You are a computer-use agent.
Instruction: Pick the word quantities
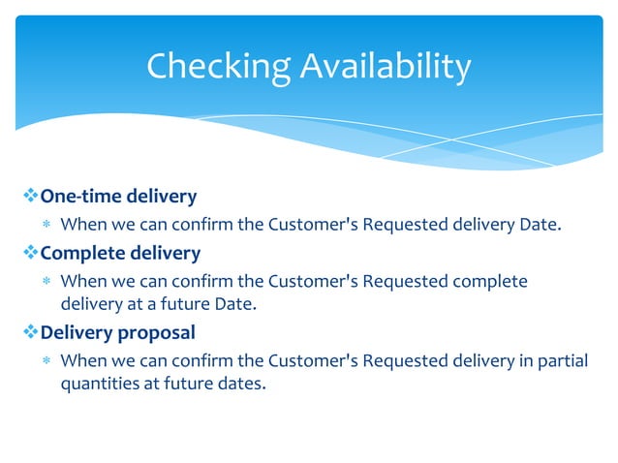pos(94,383)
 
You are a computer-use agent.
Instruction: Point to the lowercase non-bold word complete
pos(490,282)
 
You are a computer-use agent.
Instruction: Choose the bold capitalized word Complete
pos(79,253)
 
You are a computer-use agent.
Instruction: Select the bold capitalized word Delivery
pos(76,332)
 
